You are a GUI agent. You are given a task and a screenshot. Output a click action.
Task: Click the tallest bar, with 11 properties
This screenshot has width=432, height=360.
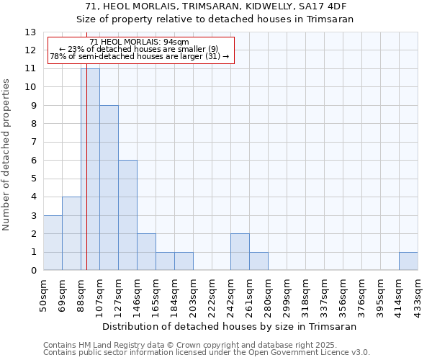point(90,169)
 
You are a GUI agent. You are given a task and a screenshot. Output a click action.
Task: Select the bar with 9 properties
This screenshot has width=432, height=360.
point(109,188)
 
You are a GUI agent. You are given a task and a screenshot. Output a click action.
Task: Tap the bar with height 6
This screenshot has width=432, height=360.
point(127,215)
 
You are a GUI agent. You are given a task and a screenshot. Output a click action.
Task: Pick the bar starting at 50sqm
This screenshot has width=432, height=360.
point(53,243)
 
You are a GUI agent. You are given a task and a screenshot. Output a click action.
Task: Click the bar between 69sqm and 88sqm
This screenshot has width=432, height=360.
point(71,234)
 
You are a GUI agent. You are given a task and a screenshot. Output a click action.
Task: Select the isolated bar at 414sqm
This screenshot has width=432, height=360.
point(408,261)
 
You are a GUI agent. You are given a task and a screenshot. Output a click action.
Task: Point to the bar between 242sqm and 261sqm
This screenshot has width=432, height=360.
point(240,252)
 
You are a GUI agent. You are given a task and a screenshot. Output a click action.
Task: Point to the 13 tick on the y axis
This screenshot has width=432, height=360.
point(30,32)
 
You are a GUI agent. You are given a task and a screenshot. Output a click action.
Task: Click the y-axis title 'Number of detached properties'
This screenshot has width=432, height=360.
point(7,155)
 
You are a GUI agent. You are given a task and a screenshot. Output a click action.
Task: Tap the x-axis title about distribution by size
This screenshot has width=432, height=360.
point(230,326)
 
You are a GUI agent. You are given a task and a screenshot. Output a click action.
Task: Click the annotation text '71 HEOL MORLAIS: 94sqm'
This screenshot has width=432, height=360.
point(140,42)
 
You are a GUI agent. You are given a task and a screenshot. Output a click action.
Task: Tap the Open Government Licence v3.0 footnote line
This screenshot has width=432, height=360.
point(207,353)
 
